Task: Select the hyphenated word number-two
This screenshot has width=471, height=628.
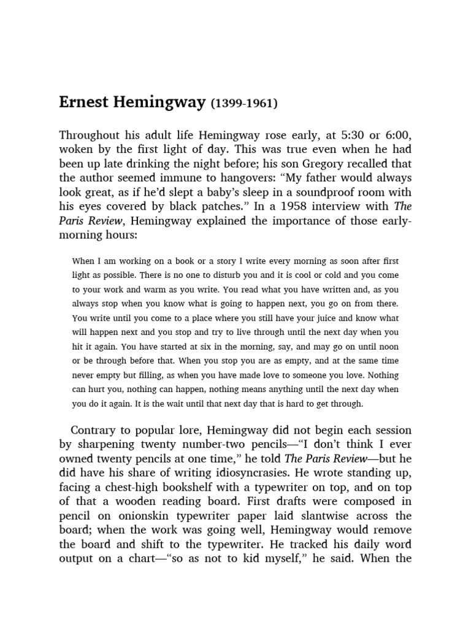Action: pyautogui.click(x=204, y=445)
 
